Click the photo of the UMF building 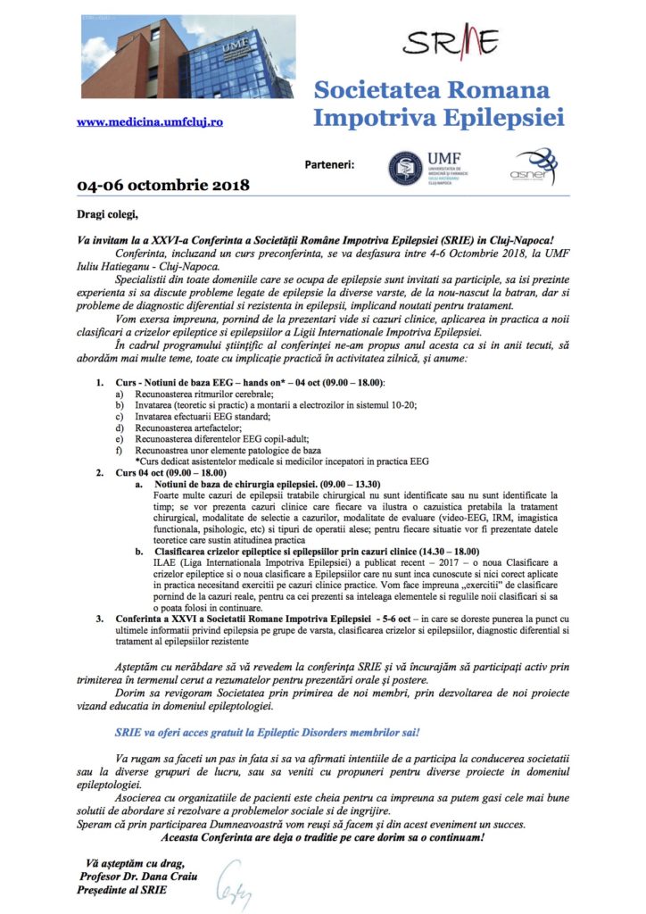pos(166,57)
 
